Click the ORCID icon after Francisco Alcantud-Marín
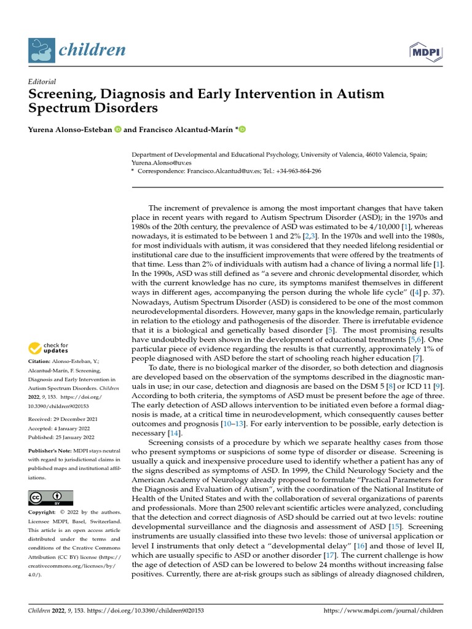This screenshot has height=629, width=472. click(242, 129)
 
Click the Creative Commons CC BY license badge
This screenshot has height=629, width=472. click(51, 498)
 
